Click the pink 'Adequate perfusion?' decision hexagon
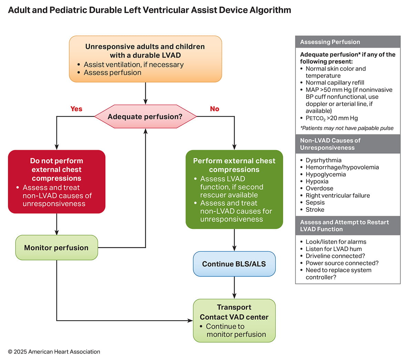(145, 117)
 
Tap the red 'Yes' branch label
(76, 109)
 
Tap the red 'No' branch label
(214, 109)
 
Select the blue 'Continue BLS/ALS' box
(234, 264)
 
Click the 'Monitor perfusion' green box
(56, 248)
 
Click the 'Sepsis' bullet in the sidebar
(315, 203)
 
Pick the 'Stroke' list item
(315, 210)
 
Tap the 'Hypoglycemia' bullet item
(325, 174)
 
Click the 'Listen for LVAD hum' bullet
(333, 249)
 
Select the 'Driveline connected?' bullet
(335, 256)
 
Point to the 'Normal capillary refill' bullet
(335, 83)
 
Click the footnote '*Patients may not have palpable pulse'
(347, 128)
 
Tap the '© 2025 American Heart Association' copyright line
(54, 352)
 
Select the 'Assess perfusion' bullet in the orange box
(112, 73)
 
